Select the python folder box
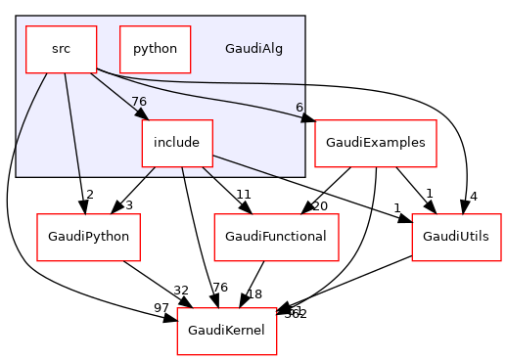[155, 49]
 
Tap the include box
[176, 143]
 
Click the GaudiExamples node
[375, 143]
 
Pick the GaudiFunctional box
[276, 237]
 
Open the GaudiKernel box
[227, 337]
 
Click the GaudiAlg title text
[253, 49]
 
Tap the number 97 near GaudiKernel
[161, 309]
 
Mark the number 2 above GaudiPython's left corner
[88, 195]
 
